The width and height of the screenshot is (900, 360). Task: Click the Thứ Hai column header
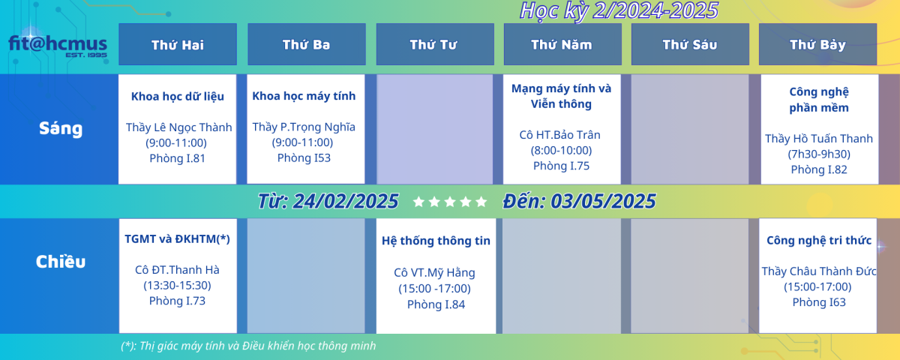[x=178, y=44]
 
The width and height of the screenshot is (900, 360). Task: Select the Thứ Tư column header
[x=435, y=44]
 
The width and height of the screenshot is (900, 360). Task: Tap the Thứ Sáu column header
[x=690, y=44]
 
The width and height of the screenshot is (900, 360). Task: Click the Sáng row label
[x=61, y=129]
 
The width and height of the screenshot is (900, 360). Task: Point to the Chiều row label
[x=61, y=262]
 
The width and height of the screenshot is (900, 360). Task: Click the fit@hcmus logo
[x=58, y=46]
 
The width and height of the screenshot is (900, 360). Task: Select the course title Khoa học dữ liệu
[x=178, y=97]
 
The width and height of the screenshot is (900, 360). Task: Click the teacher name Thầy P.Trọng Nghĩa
[x=304, y=127]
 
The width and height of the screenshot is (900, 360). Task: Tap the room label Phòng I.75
[x=561, y=166]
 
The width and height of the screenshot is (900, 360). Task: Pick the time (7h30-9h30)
[x=819, y=154]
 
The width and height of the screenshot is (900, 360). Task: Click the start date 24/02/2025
[x=346, y=201]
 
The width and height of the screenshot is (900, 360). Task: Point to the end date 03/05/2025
[x=603, y=201]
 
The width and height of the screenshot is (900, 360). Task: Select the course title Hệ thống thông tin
[x=436, y=241]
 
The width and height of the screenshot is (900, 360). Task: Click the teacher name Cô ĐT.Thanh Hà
[x=177, y=269]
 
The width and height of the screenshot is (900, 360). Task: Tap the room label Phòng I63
[x=819, y=302]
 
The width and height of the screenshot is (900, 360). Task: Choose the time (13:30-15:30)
[x=177, y=286]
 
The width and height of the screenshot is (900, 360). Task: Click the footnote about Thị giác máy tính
[x=248, y=346]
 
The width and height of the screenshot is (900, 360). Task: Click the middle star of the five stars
[x=450, y=202]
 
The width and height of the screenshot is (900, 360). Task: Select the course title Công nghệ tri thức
[x=819, y=240]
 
